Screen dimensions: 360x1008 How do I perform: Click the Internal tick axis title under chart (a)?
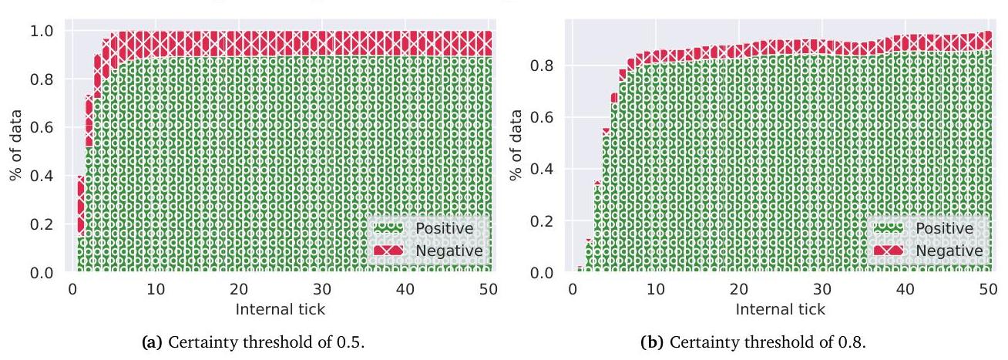[x=281, y=309]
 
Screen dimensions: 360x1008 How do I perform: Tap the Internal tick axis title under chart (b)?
[x=780, y=309]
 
